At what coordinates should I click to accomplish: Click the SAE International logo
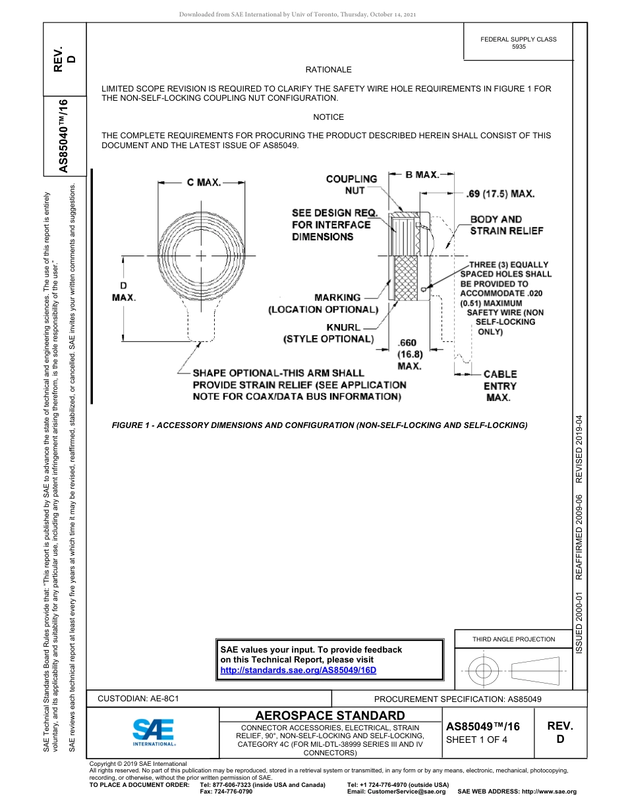point(154,731)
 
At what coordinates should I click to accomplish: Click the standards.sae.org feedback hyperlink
point(297,670)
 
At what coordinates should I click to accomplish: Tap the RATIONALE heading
point(328,69)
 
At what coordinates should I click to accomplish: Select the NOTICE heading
point(328,117)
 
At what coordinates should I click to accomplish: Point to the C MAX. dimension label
point(204,182)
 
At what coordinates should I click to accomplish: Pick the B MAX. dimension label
point(422,175)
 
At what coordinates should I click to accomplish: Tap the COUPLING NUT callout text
point(352,184)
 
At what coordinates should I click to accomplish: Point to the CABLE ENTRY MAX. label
point(500,386)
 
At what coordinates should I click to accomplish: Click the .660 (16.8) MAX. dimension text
point(409,354)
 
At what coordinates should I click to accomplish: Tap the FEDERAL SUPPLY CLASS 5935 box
point(518,43)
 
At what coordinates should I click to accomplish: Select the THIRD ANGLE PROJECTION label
point(513,639)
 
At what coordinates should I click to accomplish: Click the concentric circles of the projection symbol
point(484,671)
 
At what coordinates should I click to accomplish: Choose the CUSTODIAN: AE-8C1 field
point(138,698)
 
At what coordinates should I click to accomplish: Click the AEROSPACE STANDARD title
point(330,715)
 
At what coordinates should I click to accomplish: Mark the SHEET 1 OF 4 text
point(477,739)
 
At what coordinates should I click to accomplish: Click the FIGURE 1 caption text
point(320,425)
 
